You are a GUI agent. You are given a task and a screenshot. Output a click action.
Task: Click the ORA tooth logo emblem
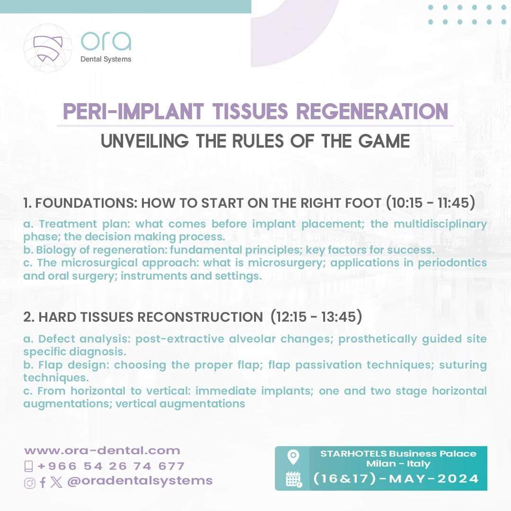[48, 48]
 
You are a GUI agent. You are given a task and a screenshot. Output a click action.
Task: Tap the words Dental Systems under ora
[106, 59]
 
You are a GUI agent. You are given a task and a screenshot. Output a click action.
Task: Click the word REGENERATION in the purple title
[372, 112]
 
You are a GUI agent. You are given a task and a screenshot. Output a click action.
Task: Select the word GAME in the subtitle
[384, 141]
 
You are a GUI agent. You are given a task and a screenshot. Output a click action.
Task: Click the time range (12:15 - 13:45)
[316, 317]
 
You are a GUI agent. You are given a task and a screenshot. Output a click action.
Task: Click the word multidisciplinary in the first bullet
[441, 224]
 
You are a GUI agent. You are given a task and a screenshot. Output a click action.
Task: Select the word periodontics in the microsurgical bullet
[452, 263]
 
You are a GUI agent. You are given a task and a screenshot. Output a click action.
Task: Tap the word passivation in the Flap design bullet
[328, 365]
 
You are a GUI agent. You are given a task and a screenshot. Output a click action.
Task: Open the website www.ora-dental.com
[102, 450]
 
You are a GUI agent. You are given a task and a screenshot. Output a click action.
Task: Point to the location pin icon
[293, 457]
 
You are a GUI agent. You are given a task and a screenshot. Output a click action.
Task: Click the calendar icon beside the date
[294, 479]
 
